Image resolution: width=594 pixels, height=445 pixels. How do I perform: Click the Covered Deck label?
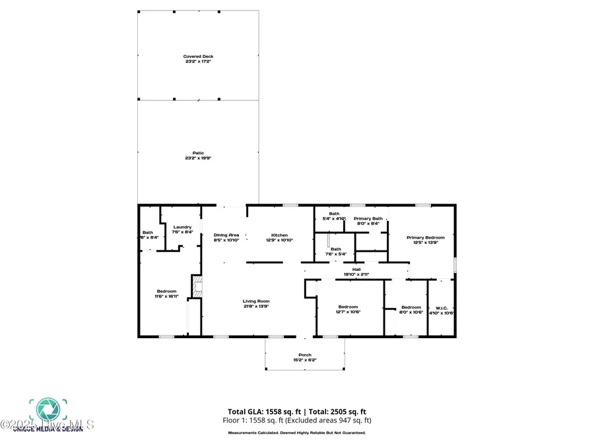click(x=198, y=57)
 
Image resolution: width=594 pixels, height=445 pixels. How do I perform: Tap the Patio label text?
click(x=198, y=153)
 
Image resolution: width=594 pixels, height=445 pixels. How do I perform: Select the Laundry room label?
click(x=183, y=227)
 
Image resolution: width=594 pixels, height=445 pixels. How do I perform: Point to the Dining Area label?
click(x=226, y=235)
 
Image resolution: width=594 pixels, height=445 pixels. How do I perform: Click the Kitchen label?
click(x=280, y=235)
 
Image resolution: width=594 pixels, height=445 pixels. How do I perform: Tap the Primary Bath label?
click(x=368, y=218)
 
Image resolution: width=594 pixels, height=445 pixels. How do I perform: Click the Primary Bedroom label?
click(x=425, y=237)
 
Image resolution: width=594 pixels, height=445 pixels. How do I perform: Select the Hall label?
click(x=356, y=269)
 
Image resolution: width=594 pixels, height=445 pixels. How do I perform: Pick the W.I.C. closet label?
click(x=442, y=307)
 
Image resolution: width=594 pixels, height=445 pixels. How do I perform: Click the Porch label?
click(x=304, y=355)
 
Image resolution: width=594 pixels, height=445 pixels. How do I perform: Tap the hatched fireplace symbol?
click(x=197, y=285)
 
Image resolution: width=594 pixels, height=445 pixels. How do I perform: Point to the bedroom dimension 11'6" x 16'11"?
click(x=166, y=297)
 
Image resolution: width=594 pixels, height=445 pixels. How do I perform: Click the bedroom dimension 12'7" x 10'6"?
click(x=348, y=312)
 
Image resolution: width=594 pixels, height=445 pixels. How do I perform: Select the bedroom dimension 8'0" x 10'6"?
click(x=411, y=312)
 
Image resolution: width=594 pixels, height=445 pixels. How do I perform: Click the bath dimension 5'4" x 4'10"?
click(x=335, y=219)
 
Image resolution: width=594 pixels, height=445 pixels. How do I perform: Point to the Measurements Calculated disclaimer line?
click(x=296, y=433)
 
